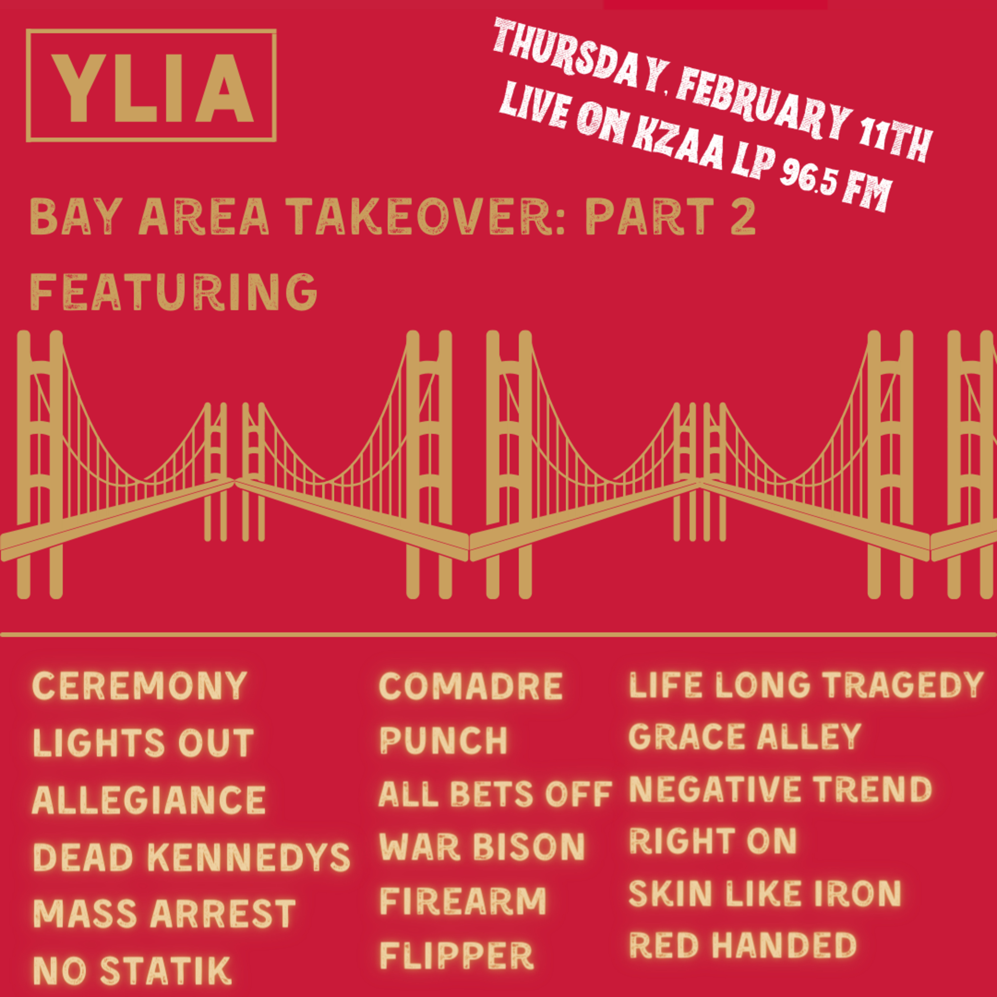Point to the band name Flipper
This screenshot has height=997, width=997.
coord(457,955)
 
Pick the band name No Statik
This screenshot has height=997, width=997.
coord(132,970)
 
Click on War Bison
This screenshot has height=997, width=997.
coord(482,847)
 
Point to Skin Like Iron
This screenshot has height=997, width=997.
coord(765,892)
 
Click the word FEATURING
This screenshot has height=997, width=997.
coord(174,291)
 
